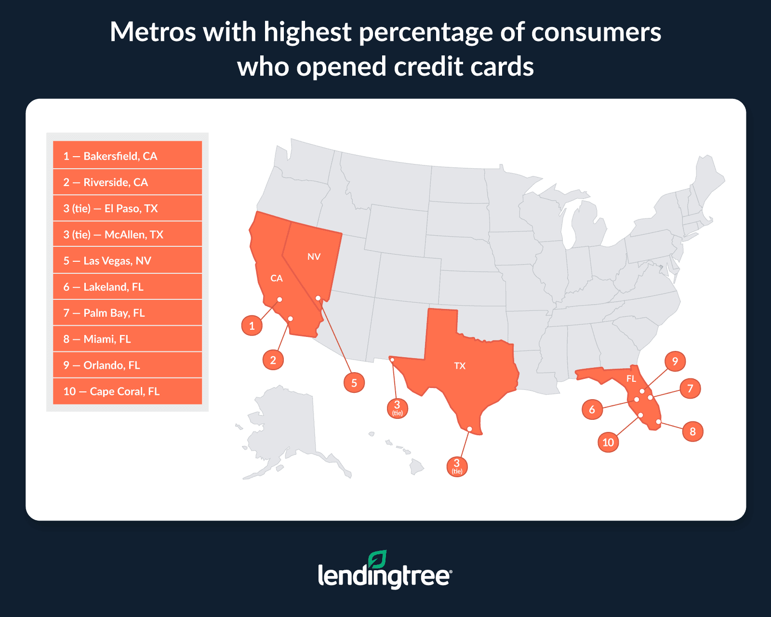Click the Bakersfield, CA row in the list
(127, 156)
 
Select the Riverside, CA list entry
(127, 182)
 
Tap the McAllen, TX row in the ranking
(127, 234)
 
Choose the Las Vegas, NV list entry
(127, 261)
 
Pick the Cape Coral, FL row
(127, 391)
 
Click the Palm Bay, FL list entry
(127, 313)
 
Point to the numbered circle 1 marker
(252, 326)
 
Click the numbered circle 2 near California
(273, 360)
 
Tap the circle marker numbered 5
(354, 383)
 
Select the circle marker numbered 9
(675, 361)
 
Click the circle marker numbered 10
(608, 442)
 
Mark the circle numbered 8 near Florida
(692, 431)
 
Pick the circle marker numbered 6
(592, 409)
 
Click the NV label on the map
(314, 256)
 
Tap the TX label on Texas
(460, 366)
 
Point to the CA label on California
(276, 278)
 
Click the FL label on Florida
(631, 379)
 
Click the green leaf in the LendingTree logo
(377, 559)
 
